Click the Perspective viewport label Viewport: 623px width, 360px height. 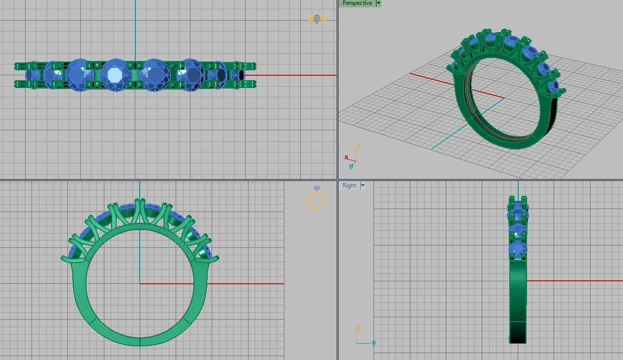(357, 3)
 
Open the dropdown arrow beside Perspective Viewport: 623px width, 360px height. (378, 3)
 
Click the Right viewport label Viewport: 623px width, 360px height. (349, 185)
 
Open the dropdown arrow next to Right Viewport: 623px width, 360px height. (363, 185)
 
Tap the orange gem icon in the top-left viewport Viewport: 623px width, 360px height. (317, 19)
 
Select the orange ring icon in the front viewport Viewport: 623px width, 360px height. (317, 201)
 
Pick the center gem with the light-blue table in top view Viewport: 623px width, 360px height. (116, 75)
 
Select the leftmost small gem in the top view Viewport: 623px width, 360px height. (33, 75)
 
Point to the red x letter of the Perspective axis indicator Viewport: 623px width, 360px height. (346, 157)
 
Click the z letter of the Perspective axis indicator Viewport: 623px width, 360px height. (359, 147)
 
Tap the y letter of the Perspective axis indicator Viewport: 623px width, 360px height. (351, 167)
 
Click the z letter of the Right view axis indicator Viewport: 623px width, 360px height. (359, 328)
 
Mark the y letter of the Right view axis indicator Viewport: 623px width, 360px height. (374, 343)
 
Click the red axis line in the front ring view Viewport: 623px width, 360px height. (246, 283)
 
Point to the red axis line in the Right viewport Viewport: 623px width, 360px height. (576, 281)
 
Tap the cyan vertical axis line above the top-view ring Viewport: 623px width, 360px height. (135, 30)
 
